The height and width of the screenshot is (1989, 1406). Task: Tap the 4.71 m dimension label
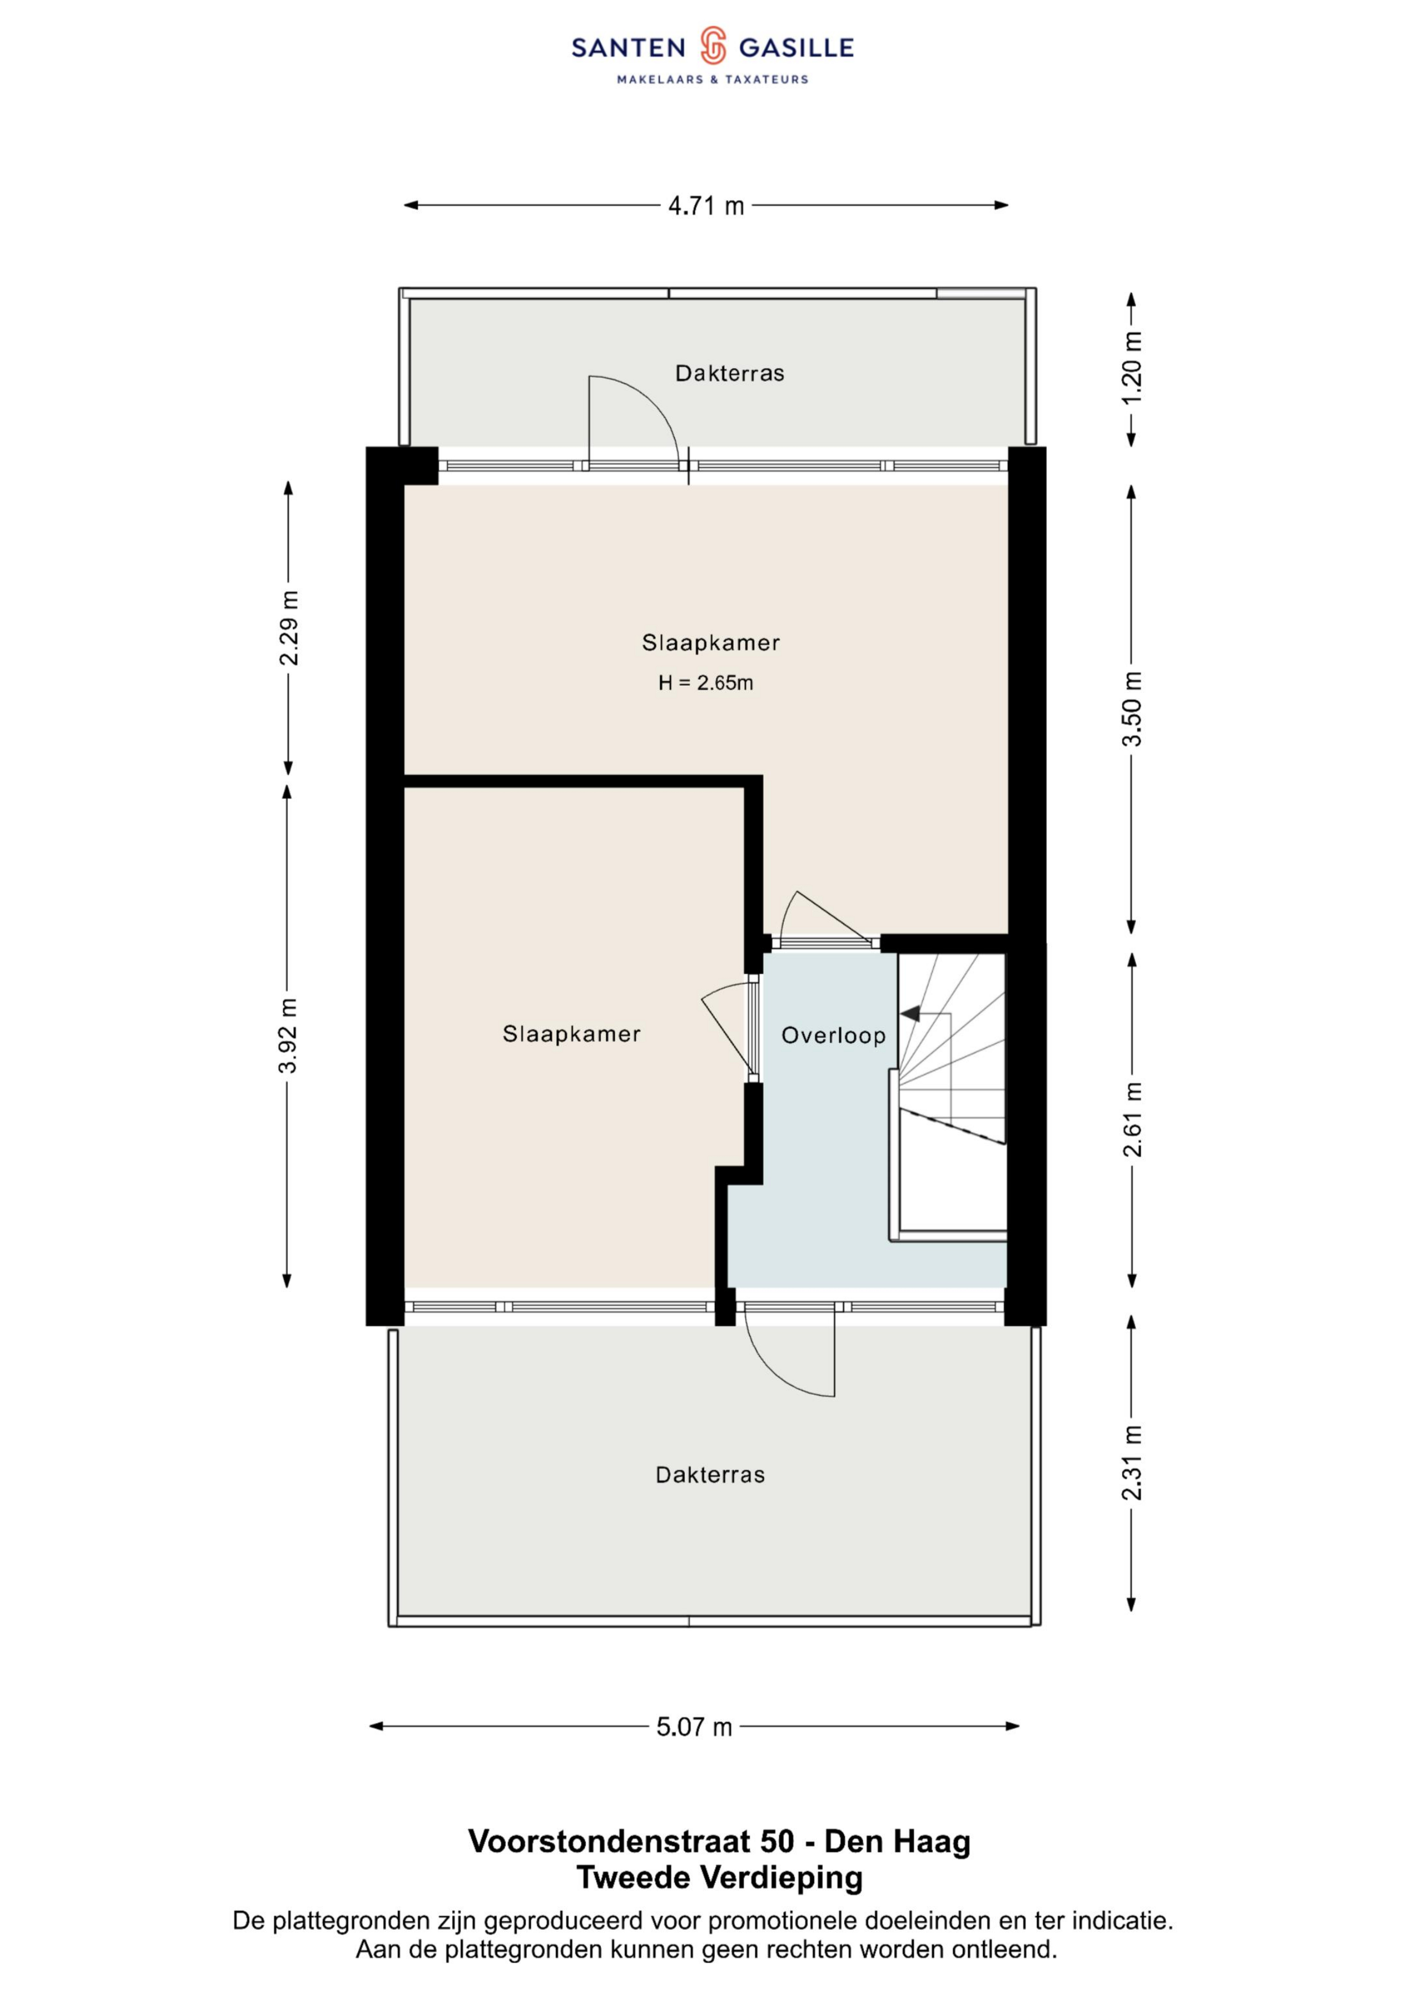[x=706, y=206]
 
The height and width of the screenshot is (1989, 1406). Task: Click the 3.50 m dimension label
[x=1132, y=709]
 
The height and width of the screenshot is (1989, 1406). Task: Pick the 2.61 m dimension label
[x=1132, y=1119]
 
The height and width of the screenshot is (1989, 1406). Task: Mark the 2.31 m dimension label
[x=1132, y=1462]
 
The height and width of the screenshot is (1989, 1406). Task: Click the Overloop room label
[x=833, y=1035]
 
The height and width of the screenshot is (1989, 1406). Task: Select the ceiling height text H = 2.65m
[x=705, y=683]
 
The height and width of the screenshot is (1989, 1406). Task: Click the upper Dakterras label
[x=730, y=373]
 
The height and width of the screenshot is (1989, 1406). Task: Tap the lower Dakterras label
[x=711, y=1475]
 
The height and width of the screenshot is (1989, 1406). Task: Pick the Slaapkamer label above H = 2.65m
[x=711, y=643]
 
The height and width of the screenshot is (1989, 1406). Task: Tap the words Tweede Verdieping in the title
[x=720, y=1877]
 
